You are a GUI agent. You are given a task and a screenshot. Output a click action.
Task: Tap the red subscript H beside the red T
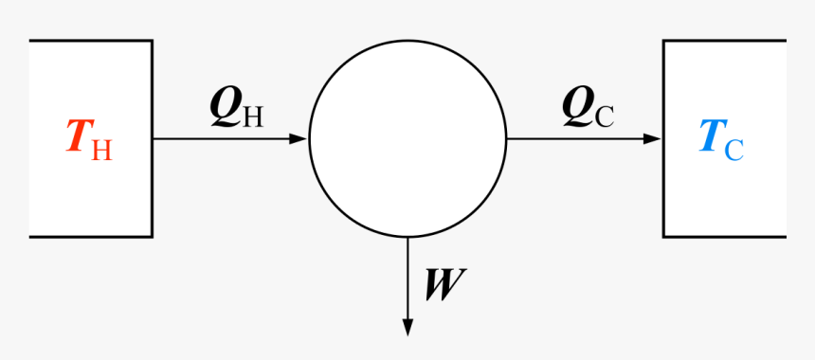[102, 149]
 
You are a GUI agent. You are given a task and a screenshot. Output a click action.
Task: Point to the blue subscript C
[734, 149]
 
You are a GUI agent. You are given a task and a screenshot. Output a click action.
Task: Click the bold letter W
[444, 283]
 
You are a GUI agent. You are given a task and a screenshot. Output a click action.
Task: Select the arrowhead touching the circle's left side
[299, 139]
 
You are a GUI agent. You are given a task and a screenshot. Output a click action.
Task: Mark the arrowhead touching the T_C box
[652, 139]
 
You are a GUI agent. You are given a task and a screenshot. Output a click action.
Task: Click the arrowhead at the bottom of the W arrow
[407, 326]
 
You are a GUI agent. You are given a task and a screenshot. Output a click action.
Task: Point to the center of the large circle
[407, 139]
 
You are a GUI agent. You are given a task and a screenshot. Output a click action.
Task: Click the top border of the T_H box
[91, 41]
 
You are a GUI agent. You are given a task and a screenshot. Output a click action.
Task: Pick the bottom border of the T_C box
[724, 236]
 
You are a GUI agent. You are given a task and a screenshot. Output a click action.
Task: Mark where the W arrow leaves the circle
[407, 238]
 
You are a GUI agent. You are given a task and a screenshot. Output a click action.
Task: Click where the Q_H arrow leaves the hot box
[154, 139]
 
